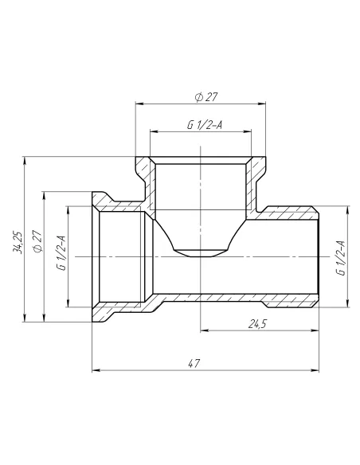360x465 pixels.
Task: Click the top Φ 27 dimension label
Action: (x=206, y=97)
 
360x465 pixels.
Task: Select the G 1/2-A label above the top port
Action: (x=205, y=125)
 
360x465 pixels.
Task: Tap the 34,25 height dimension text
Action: (x=18, y=242)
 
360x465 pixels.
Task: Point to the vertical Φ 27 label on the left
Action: (x=37, y=240)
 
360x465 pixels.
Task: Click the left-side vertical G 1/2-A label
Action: (x=61, y=252)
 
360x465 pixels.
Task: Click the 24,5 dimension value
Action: (x=257, y=324)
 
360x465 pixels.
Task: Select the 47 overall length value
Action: (x=194, y=363)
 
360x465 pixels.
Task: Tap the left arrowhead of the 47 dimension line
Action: (x=96, y=370)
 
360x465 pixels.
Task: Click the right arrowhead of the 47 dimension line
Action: (x=315, y=370)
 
